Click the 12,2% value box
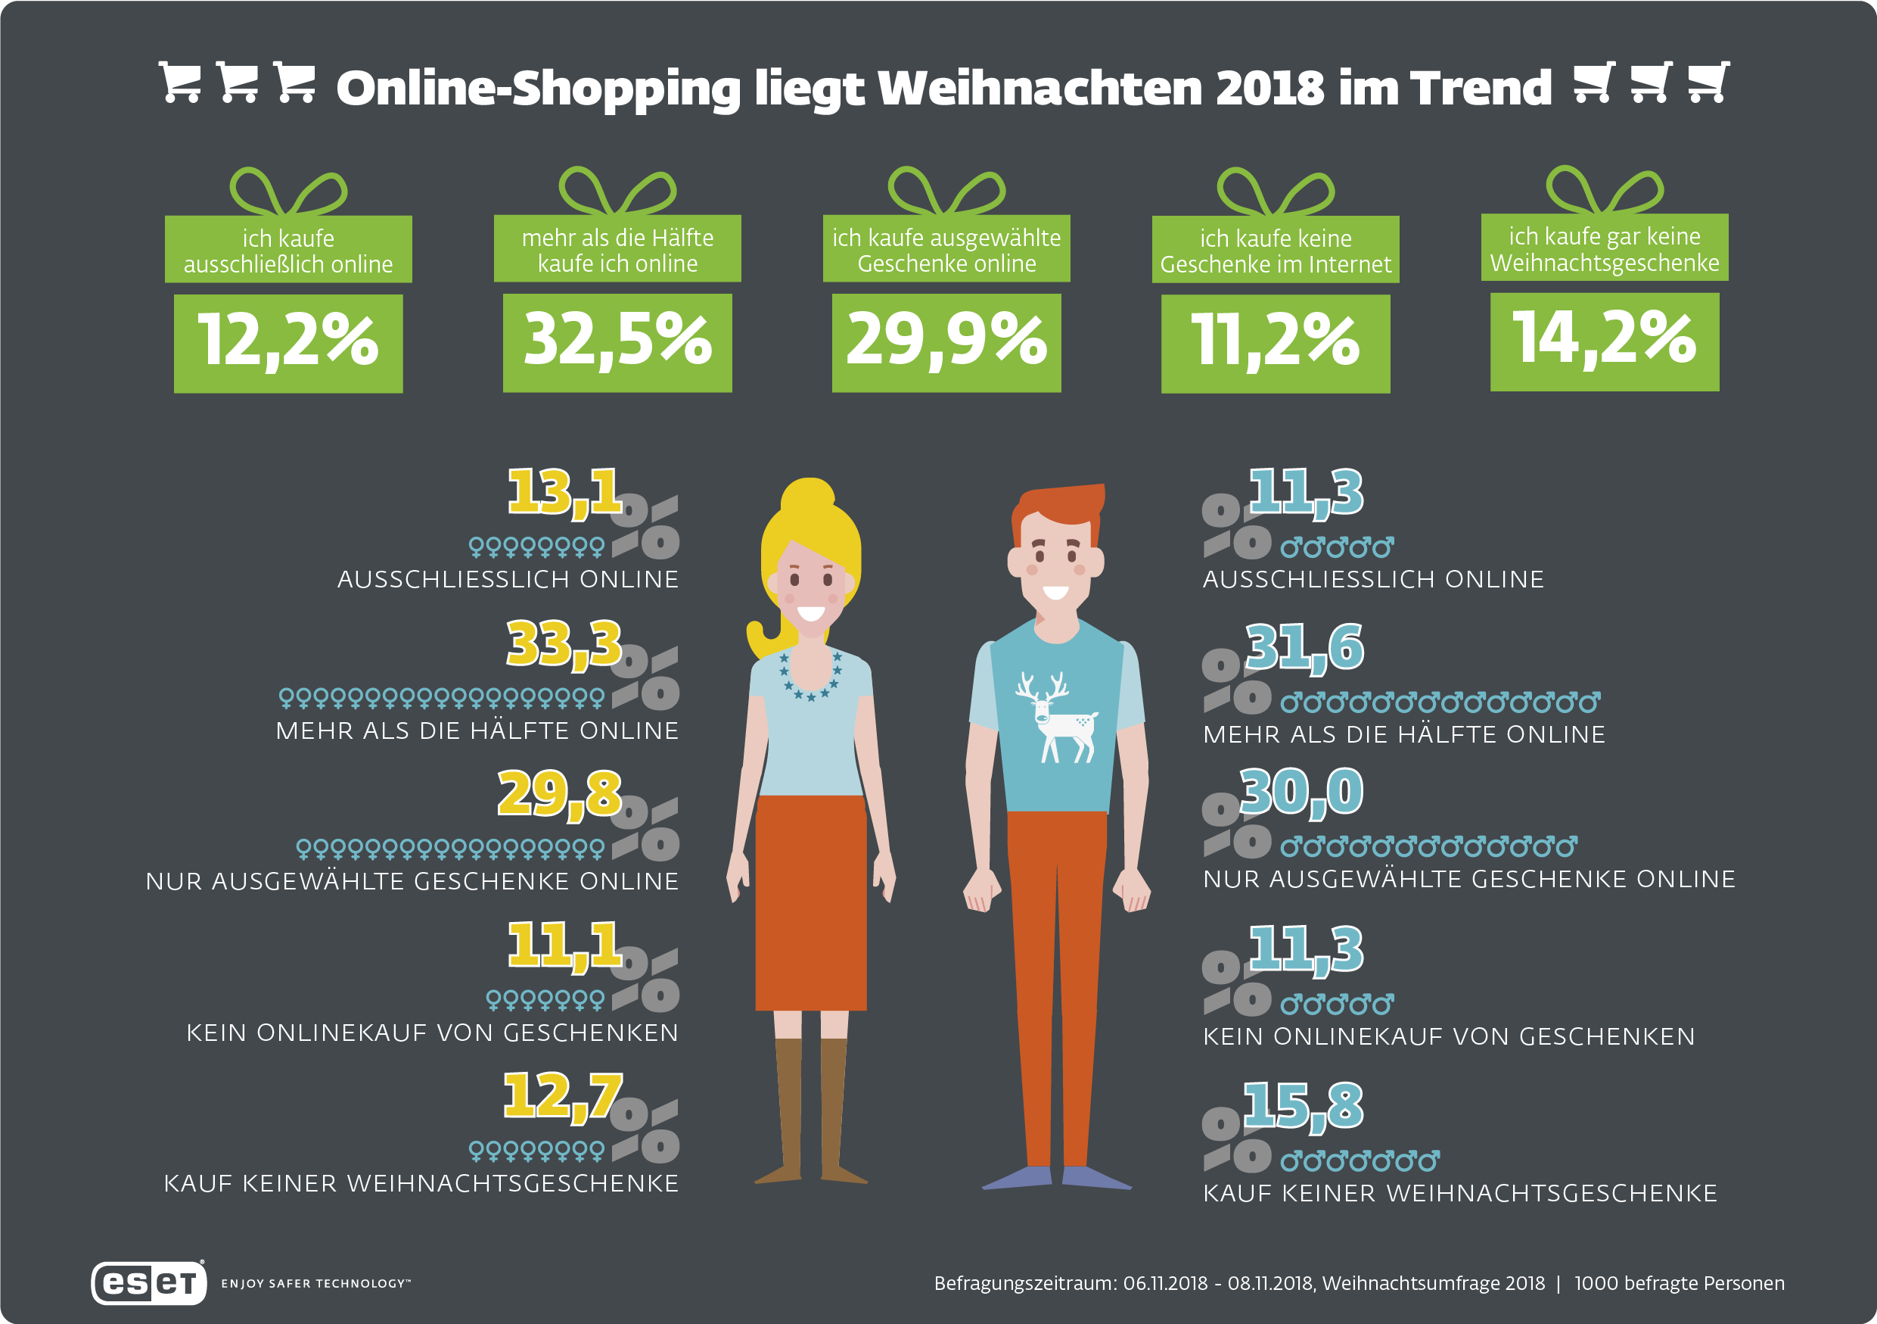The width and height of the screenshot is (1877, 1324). tap(287, 344)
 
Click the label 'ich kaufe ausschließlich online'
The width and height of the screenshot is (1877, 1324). tap(287, 251)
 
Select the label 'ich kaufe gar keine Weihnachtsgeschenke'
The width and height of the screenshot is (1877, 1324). tap(1605, 248)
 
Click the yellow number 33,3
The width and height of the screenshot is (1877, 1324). tap(564, 644)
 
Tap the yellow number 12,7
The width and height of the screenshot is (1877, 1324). tap(562, 1097)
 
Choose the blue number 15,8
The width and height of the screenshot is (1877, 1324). tap(1303, 1107)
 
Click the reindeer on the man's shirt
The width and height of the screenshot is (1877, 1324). tap(1056, 717)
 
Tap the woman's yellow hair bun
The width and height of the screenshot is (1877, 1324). tap(808, 496)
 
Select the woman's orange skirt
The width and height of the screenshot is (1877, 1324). tap(811, 903)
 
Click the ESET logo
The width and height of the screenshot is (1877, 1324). tap(149, 1282)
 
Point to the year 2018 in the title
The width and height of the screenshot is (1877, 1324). tap(1269, 88)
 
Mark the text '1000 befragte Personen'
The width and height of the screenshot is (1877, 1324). tap(1680, 1283)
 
